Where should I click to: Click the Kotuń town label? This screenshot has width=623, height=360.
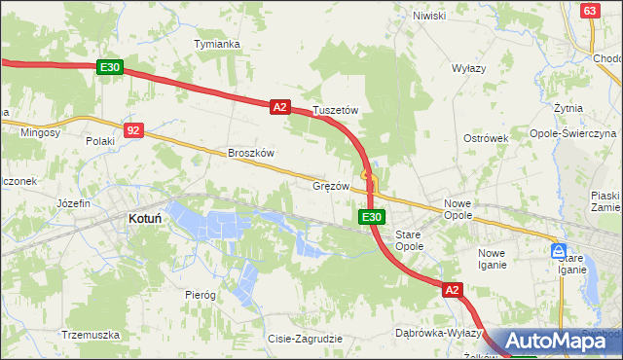click(144, 220)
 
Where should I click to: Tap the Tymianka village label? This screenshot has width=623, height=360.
click(217, 44)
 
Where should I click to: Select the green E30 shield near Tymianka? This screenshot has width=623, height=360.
click(110, 67)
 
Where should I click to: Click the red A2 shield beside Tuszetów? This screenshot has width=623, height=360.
click(280, 107)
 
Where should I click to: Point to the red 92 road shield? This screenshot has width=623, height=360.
click(134, 129)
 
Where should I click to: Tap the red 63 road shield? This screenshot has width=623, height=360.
click(589, 10)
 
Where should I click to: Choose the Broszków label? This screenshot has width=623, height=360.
click(251, 153)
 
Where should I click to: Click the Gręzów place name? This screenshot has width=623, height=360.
click(331, 185)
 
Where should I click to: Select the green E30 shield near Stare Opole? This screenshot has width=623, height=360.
click(370, 217)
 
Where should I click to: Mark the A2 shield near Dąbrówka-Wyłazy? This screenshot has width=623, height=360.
click(452, 290)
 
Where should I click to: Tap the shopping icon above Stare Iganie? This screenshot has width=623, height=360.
click(560, 250)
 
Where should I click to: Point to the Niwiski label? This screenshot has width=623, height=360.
click(428, 16)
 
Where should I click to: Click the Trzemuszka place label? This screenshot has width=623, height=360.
click(90, 334)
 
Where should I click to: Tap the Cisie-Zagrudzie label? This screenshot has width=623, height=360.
click(305, 339)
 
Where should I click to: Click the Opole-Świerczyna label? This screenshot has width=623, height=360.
click(572, 132)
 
